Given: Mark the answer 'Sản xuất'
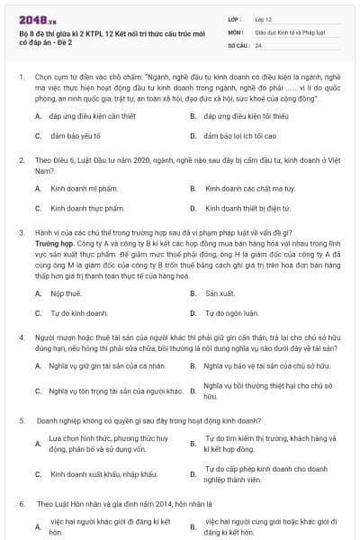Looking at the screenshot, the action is click(220, 294).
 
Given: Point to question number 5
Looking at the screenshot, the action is click(22, 420).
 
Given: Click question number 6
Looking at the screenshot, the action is click(22, 505).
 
